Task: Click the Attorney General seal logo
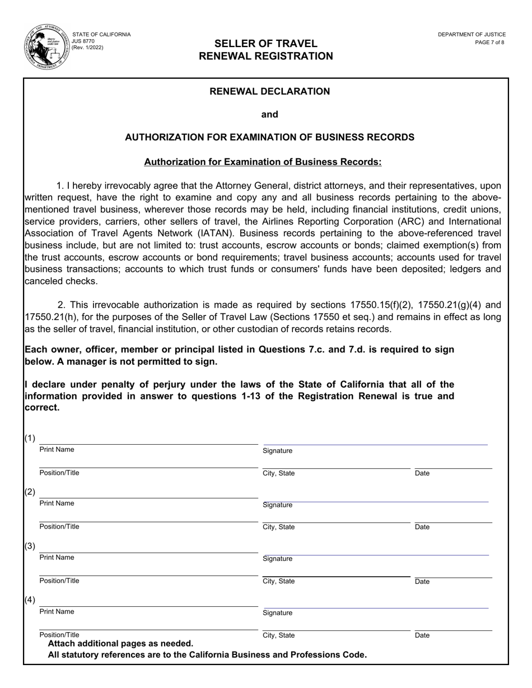[46, 48]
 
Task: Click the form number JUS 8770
[83, 41]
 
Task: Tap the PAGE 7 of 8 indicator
[489, 43]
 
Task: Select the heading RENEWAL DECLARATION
[269, 91]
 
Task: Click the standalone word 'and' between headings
[269, 114]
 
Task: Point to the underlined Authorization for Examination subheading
[263, 162]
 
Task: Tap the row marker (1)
[30, 438]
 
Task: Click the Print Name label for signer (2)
[57, 503]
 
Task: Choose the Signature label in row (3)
[277, 559]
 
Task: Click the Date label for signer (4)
[422, 635]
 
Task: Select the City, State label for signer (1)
[278, 473]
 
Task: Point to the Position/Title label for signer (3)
[59, 581]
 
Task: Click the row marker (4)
[30, 600]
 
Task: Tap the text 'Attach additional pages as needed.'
[120, 644]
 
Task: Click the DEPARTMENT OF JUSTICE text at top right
[472, 35]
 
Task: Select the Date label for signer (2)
[422, 527]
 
